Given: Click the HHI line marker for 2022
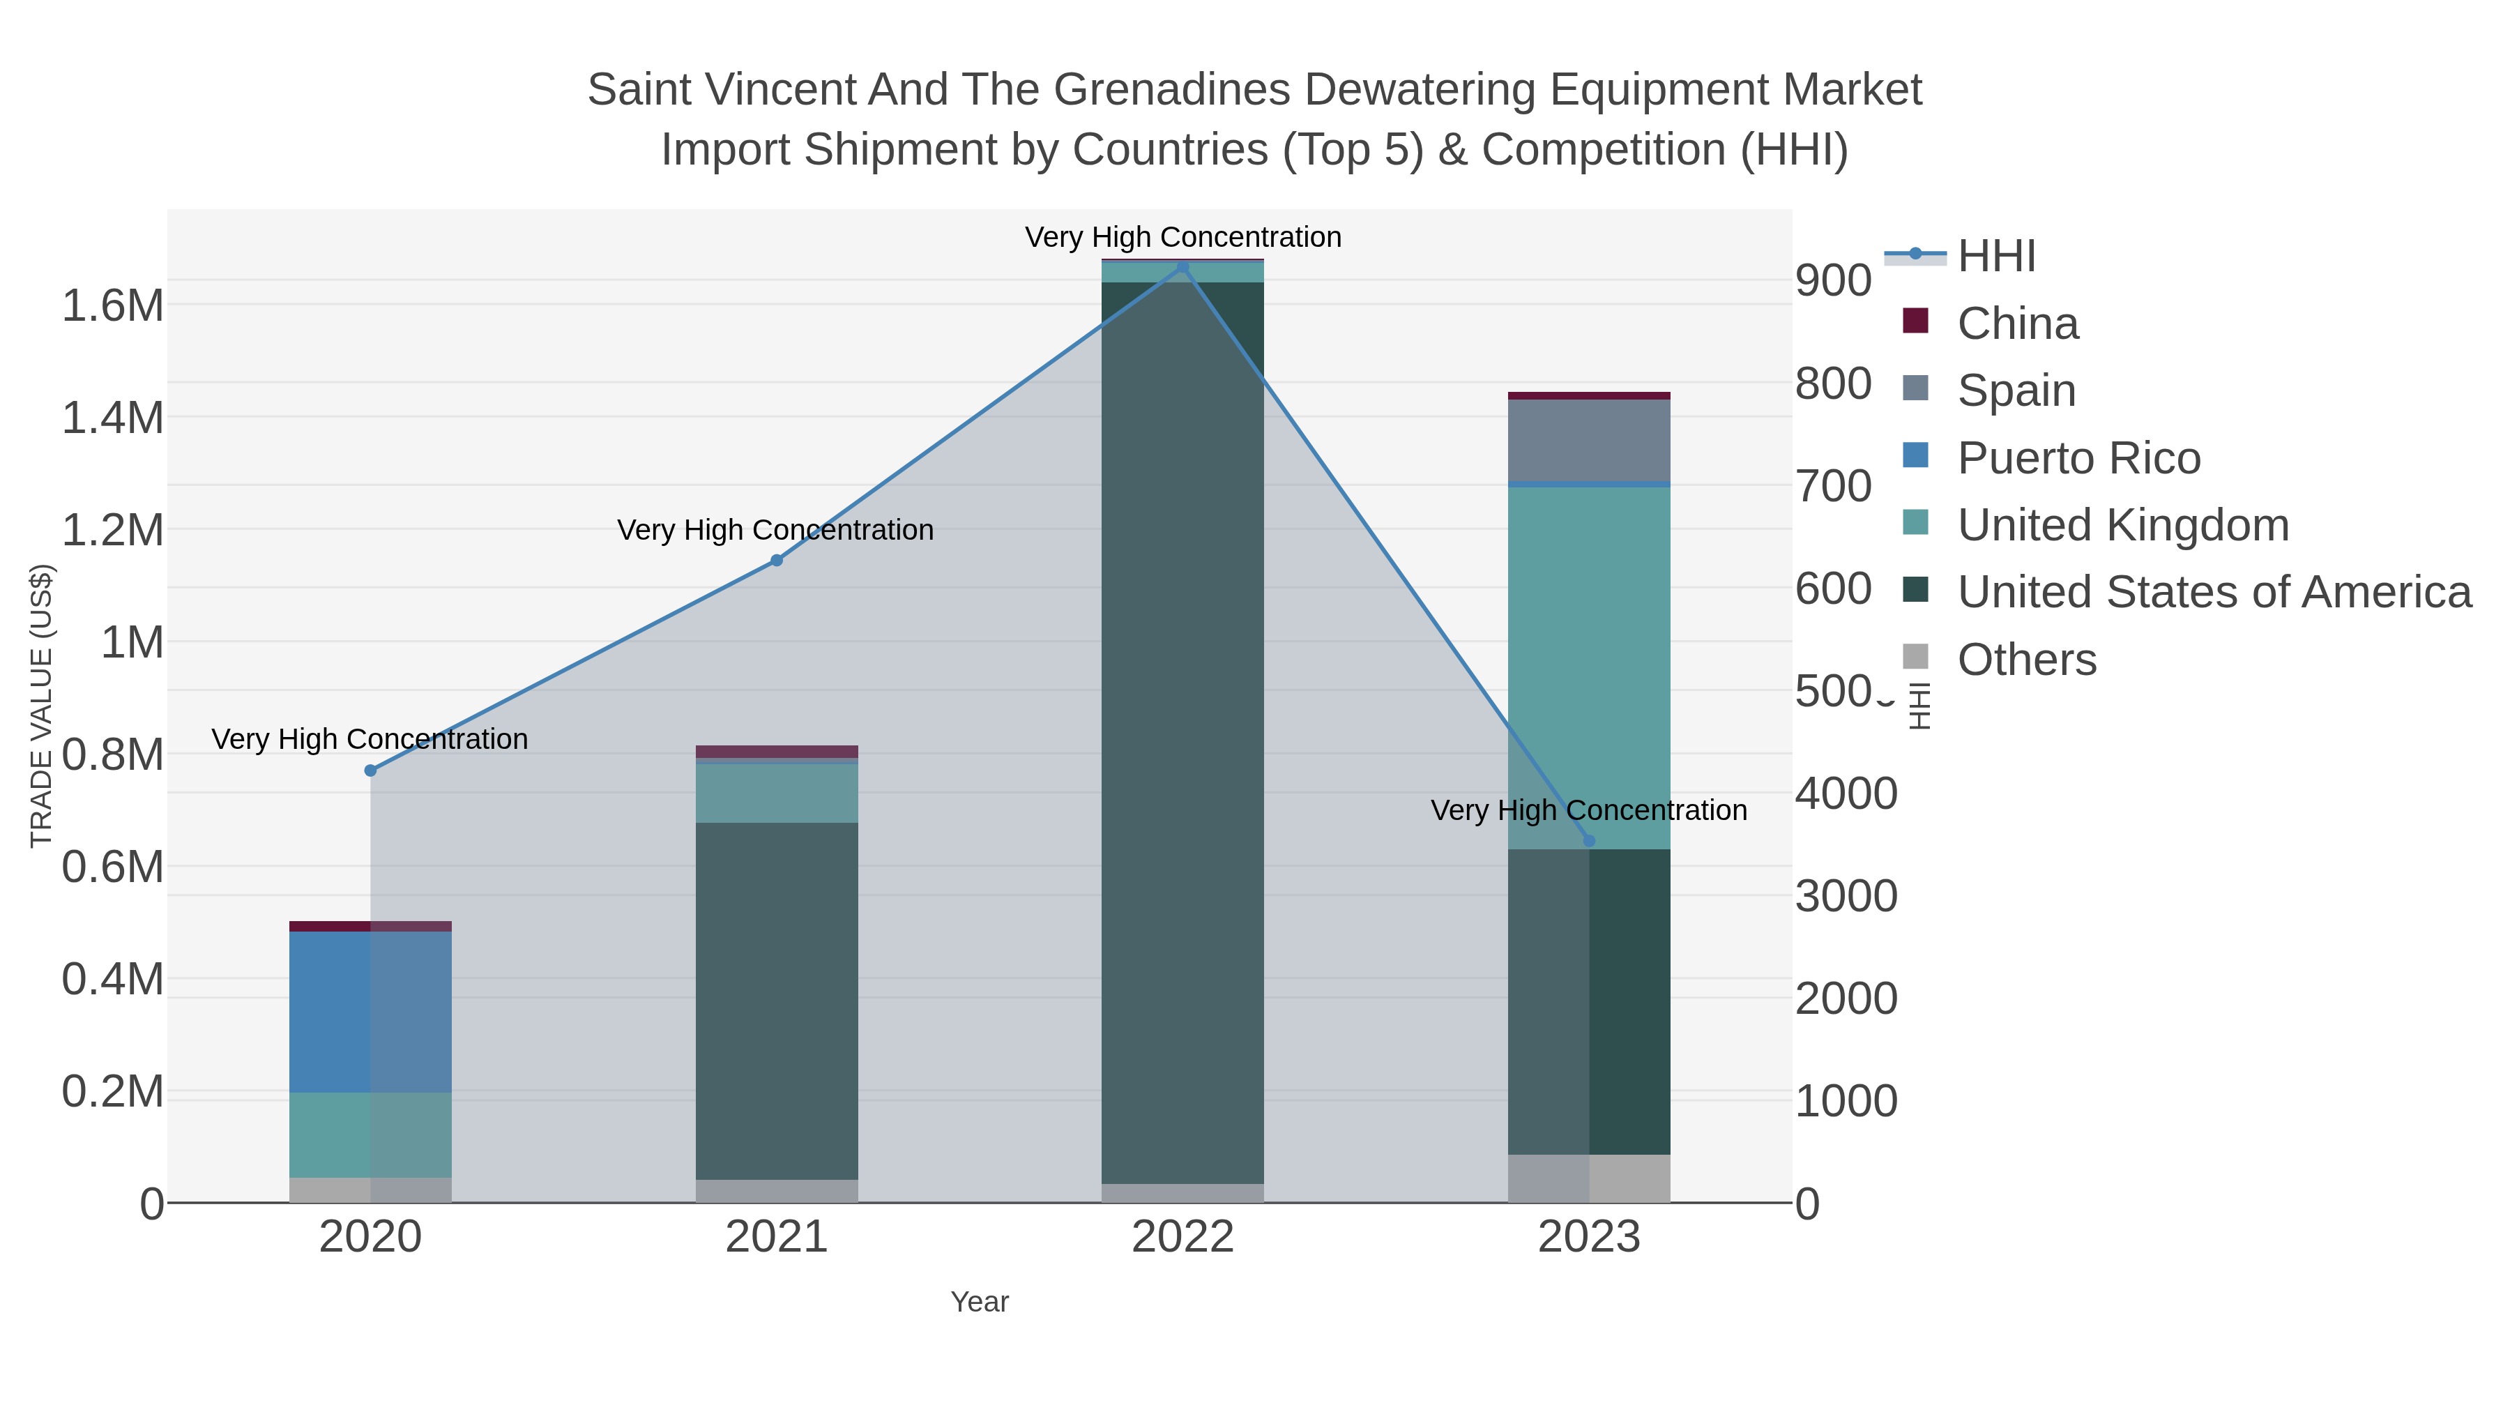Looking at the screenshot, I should click(1183, 266).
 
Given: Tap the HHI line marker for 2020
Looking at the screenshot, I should click(370, 770).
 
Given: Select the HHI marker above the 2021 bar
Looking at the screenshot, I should click(777, 561).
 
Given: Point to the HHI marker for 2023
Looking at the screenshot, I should click(1589, 841).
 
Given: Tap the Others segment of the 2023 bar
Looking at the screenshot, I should click(1589, 1178).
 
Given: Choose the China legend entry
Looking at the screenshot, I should click(2017, 324).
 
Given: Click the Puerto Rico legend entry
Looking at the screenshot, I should click(2078, 458).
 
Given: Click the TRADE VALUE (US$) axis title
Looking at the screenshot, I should click(41, 706).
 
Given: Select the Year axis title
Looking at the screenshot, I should click(980, 1302).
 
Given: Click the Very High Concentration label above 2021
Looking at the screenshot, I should click(775, 530).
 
